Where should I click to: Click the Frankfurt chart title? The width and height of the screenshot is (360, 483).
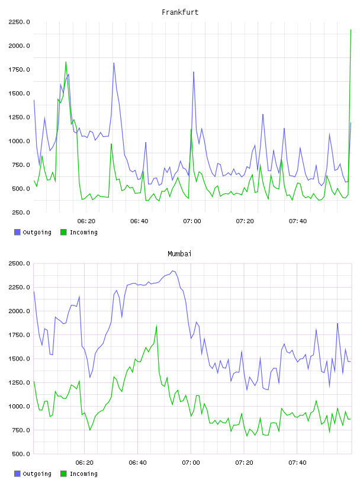180,12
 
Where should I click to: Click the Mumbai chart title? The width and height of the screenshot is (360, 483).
179,254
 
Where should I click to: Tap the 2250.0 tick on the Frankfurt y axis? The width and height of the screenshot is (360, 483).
19,22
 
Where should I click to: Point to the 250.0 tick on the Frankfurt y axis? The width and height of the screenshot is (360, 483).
21,212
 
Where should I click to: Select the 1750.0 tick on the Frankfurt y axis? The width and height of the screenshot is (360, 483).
19,70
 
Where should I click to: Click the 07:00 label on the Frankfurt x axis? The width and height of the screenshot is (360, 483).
192,221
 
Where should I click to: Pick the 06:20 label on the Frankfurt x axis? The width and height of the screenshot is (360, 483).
86,221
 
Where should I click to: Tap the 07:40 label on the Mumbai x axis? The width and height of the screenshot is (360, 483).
297,463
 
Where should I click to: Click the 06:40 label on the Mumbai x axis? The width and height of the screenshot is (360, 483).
138,463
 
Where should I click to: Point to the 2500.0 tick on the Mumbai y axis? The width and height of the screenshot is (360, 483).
19,263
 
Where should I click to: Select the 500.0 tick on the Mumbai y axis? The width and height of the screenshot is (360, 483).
21,454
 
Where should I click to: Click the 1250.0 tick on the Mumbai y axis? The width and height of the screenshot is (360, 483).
19,382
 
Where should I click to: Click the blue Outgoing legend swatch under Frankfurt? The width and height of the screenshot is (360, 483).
17,232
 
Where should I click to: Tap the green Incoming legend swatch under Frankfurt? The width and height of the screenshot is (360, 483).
63,232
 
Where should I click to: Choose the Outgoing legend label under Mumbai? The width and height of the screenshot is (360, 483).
37,474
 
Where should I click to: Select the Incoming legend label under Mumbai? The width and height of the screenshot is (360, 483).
83,474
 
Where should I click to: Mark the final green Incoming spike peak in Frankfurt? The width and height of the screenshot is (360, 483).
351,30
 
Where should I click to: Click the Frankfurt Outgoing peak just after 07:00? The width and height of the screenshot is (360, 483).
194,72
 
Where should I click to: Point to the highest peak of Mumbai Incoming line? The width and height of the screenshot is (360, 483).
156,326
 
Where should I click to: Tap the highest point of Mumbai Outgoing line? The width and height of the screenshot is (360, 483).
173,271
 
